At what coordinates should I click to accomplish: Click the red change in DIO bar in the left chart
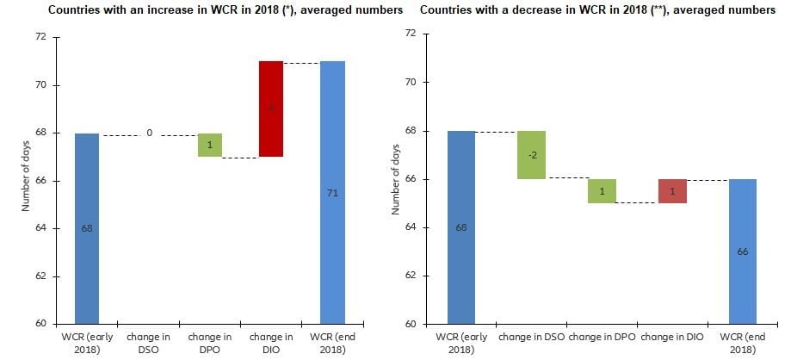[x=271, y=109]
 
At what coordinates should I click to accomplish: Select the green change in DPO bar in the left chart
[x=210, y=145]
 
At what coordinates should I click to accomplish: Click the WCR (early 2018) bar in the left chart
[x=87, y=228]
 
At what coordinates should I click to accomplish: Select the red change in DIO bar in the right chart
[x=672, y=190]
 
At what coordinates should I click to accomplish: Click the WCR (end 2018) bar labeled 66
[x=741, y=251]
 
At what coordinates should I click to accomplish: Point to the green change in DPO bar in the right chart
[x=603, y=190]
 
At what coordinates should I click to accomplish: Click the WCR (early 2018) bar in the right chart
[x=460, y=227]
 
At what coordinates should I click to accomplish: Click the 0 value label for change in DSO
[x=149, y=133]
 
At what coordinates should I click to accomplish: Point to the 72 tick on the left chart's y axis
[x=40, y=38]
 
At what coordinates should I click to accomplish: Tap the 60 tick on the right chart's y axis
[x=411, y=324]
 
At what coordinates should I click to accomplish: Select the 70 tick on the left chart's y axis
[x=40, y=85]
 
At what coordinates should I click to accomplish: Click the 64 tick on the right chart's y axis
[x=411, y=227]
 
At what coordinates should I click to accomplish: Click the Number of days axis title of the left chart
[x=26, y=181]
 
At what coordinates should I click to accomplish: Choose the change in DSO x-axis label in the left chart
[x=149, y=343]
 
